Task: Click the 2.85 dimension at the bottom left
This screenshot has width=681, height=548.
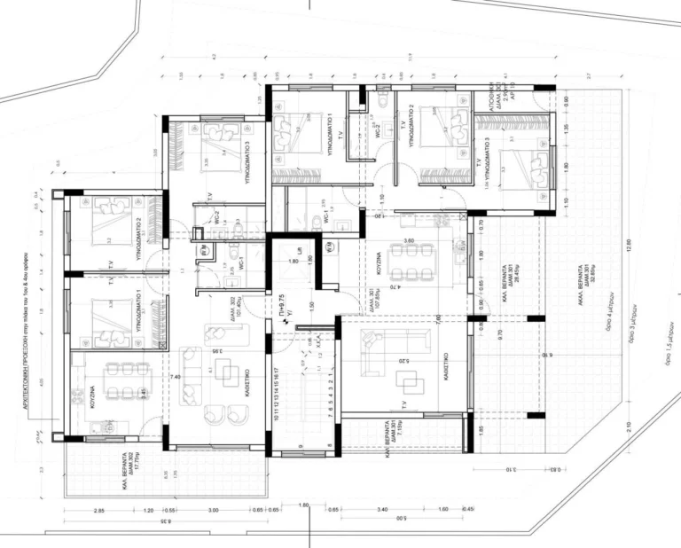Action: point(99,512)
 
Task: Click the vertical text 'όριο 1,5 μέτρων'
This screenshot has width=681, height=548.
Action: point(668,354)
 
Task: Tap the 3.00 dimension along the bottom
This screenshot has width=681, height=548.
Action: point(214,512)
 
